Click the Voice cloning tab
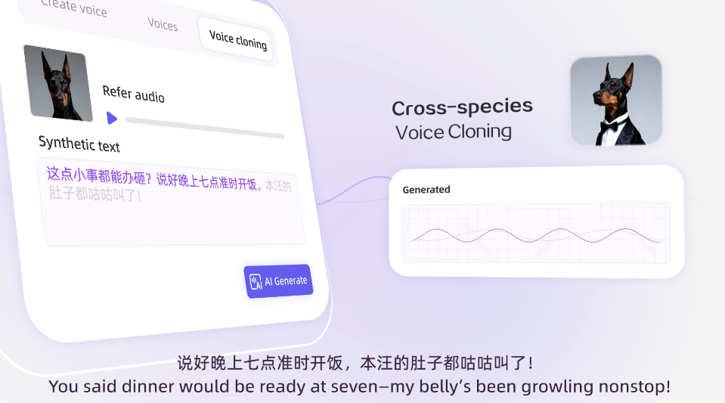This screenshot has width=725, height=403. click(237, 39)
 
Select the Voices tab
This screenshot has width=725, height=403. click(163, 24)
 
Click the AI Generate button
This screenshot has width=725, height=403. click(277, 281)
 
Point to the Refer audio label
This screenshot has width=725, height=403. click(133, 94)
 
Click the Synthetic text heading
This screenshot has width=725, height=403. click(79, 144)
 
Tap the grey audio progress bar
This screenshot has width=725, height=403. click(204, 128)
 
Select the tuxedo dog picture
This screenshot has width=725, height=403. click(615, 100)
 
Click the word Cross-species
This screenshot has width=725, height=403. click(462, 107)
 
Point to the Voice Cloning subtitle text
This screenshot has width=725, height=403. click(454, 132)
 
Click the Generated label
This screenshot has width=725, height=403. click(426, 190)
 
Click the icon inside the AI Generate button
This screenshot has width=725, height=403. click(256, 281)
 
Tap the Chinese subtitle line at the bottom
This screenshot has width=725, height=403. click(355, 363)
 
